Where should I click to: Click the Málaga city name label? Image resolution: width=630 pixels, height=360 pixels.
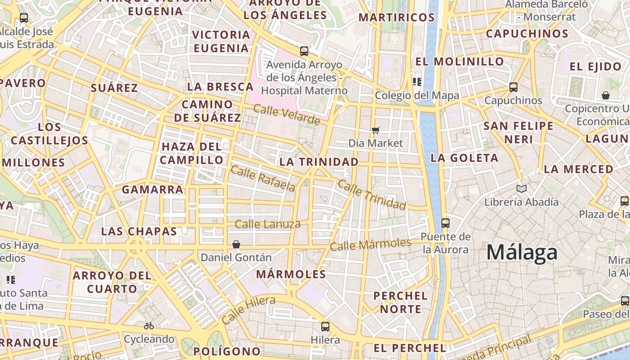522,252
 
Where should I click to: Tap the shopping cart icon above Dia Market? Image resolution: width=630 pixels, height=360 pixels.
375,130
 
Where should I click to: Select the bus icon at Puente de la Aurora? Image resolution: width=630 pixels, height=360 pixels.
445,223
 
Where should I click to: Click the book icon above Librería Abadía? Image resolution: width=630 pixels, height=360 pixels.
522,189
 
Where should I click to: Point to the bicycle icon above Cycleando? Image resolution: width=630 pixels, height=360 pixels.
149,326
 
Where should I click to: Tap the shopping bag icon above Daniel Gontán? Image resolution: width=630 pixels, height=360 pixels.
236,244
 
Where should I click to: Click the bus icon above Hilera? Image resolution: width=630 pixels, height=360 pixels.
325,327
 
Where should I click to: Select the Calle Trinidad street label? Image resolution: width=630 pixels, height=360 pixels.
372,194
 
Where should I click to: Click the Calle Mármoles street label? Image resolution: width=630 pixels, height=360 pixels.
370,244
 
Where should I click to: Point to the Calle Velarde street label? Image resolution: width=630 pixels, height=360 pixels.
287,115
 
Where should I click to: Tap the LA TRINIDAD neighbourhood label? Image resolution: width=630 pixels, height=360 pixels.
319,162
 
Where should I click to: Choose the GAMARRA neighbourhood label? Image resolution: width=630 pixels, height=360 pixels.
153,190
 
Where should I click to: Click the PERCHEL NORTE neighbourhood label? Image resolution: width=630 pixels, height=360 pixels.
400,302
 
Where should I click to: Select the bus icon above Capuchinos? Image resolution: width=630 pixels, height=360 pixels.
513,87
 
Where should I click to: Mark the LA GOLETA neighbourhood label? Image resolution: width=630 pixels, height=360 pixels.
464,158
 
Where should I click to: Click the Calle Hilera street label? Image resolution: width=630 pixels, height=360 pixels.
248,310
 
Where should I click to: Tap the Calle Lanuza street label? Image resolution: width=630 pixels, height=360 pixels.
268,224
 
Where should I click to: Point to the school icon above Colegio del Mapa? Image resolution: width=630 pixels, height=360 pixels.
417,82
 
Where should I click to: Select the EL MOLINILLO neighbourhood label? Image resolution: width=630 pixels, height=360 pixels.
459,62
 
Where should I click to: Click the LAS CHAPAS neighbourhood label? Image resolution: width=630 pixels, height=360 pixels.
139,232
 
